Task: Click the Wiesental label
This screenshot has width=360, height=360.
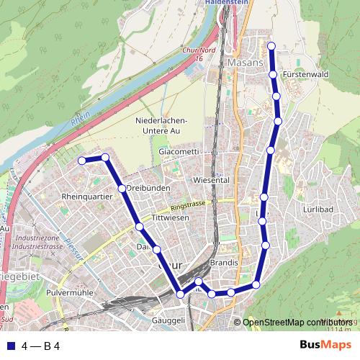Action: tap(211, 179)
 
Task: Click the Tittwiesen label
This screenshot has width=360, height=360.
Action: tap(170, 217)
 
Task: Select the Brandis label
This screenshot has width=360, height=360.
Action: tap(225, 264)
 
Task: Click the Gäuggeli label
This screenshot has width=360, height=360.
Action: tap(169, 320)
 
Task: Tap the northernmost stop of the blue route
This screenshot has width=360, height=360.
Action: tap(271, 47)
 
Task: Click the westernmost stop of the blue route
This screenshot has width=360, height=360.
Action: tap(82, 160)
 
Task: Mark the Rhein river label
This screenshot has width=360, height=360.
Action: tap(81, 117)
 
